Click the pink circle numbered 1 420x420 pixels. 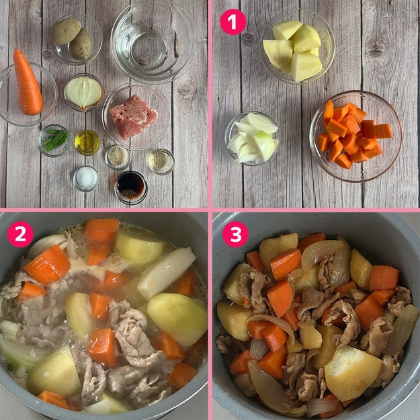[x=233, y=22]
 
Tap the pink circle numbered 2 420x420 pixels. [x=20, y=234]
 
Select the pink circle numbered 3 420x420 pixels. [x=235, y=234]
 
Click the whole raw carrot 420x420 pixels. [x=28, y=83]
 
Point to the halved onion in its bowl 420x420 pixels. [x=83, y=93]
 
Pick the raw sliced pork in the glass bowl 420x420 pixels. [x=133, y=117]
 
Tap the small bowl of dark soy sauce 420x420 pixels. [x=131, y=187]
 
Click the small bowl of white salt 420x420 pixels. [x=86, y=179]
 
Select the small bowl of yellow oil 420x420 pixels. [x=87, y=142]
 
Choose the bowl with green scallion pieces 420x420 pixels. [x=54, y=140]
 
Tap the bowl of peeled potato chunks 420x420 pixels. [x=297, y=48]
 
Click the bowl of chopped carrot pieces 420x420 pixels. [x=355, y=136]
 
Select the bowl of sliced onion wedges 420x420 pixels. [x=253, y=138]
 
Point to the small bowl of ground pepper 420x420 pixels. [x=118, y=157]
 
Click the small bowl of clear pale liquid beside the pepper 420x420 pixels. [x=161, y=161]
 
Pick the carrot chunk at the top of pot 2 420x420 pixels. [x=101, y=230]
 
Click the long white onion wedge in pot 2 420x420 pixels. [x=167, y=273]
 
